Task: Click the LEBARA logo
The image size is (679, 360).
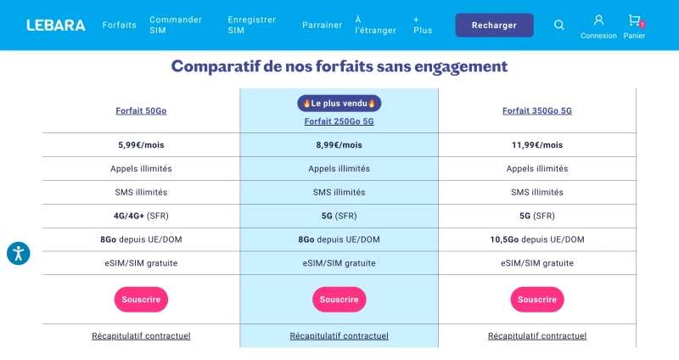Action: click(56, 25)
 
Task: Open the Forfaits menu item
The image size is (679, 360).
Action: click(119, 25)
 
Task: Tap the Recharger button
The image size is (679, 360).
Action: click(494, 25)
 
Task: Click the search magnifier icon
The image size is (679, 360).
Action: click(559, 25)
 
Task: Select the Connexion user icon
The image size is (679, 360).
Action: click(598, 20)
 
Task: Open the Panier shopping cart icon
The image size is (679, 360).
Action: click(635, 20)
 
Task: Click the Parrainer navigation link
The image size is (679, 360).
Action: click(322, 25)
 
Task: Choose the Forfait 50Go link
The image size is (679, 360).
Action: click(141, 111)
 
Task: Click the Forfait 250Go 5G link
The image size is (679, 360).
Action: click(339, 121)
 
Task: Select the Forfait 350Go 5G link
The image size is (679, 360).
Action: click(537, 111)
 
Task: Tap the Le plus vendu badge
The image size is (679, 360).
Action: click(339, 104)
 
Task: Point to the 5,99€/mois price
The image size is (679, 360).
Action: click(141, 145)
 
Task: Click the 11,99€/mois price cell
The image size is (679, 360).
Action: click(537, 145)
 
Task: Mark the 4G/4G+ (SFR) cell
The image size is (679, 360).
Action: click(141, 216)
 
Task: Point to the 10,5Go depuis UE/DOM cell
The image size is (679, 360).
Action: click(537, 239)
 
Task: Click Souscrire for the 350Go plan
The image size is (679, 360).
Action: click(537, 300)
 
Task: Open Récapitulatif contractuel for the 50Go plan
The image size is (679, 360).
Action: click(141, 335)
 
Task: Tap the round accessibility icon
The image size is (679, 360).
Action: click(18, 253)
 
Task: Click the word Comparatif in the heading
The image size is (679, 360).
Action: click(216, 66)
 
